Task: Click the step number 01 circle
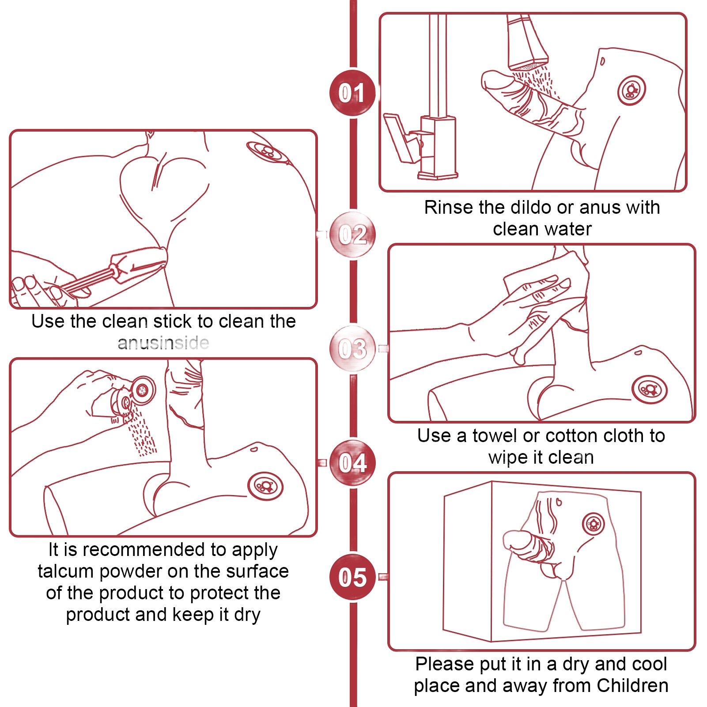click(x=352, y=93)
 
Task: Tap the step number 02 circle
click(x=352, y=234)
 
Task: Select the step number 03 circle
click(x=352, y=348)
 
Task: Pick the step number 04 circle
click(x=352, y=463)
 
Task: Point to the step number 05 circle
click(x=352, y=577)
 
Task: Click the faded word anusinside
click(x=163, y=343)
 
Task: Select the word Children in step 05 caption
click(x=632, y=685)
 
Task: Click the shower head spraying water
click(x=527, y=42)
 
